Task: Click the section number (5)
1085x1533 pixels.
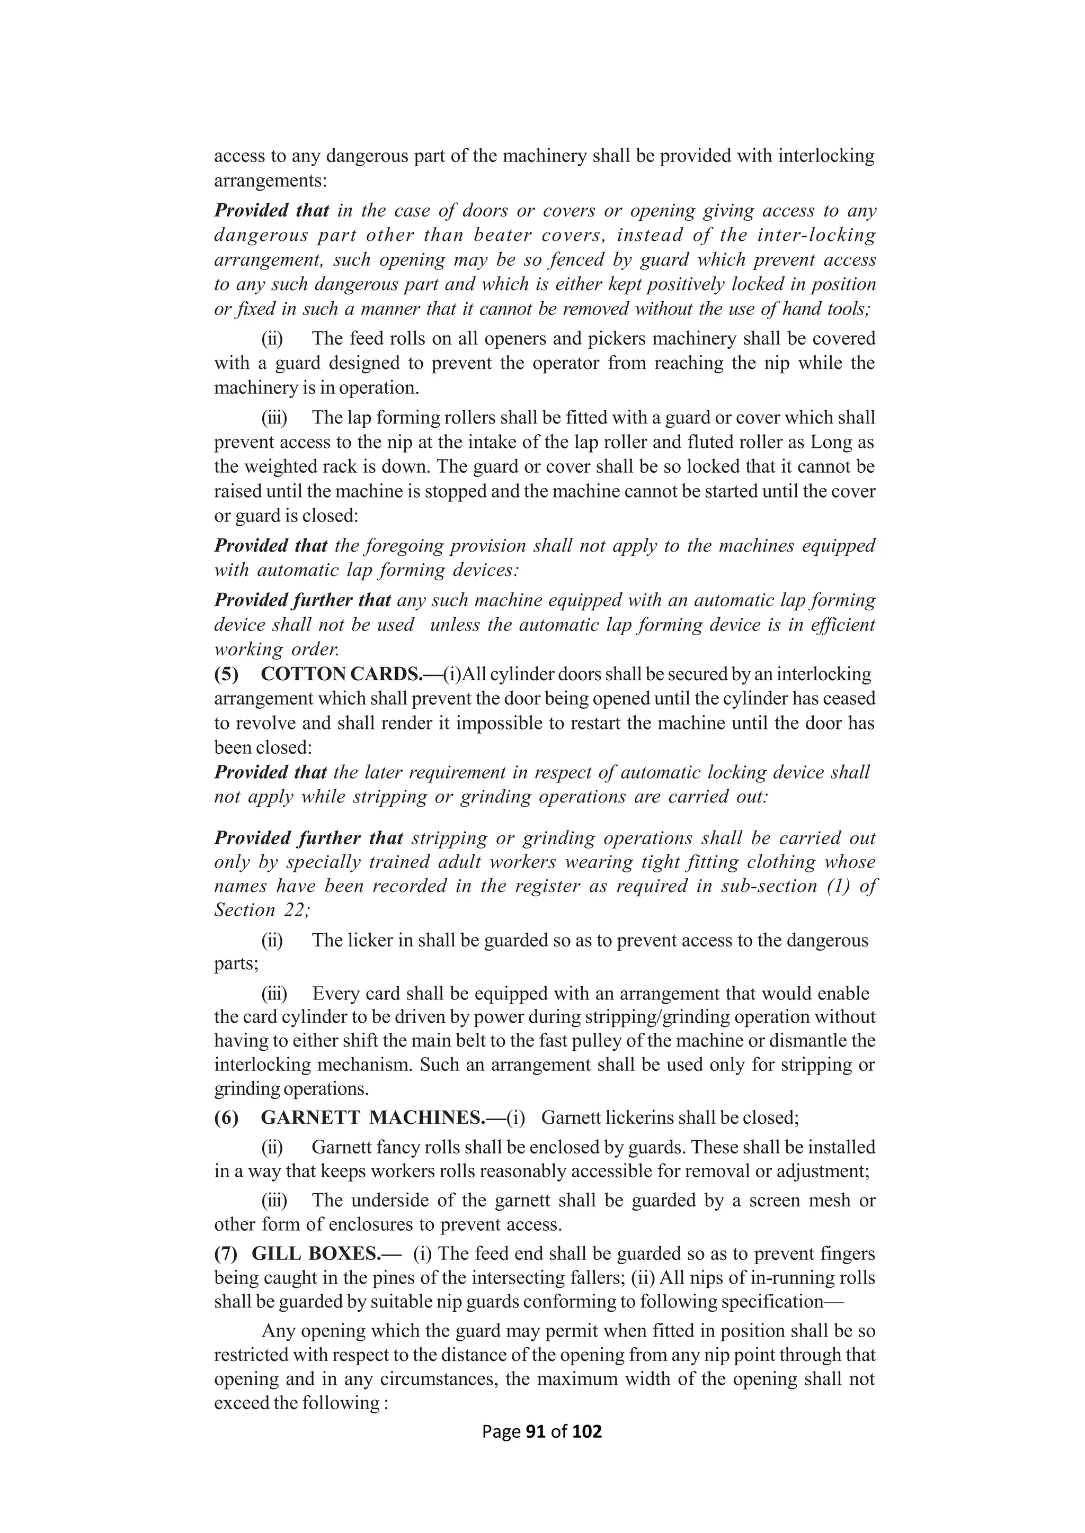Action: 226,674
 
